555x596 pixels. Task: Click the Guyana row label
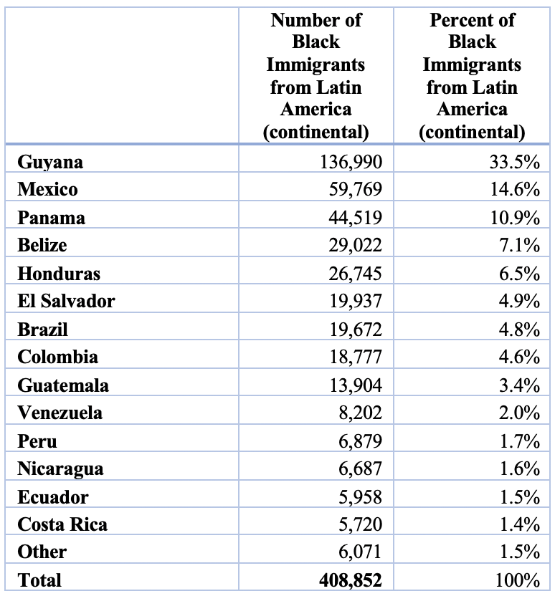click(x=50, y=163)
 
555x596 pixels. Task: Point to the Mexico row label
click(x=48, y=190)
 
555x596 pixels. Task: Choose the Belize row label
click(x=42, y=246)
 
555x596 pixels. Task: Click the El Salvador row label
click(x=66, y=302)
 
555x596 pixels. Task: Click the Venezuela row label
click(x=60, y=413)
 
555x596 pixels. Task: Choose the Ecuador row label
click(x=53, y=497)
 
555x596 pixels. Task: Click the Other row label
click(x=42, y=552)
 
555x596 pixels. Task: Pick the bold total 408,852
click(x=350, y=580)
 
